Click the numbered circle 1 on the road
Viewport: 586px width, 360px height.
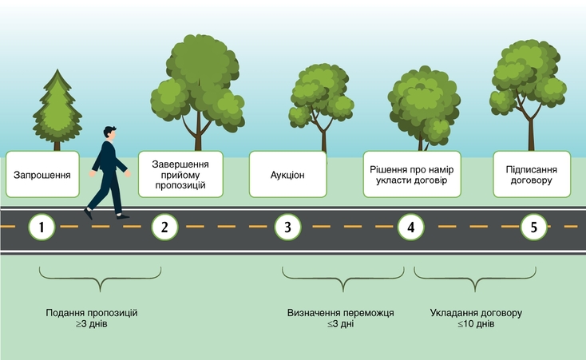[x=42, y=227]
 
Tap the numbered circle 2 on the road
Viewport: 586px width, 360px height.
[x=164, y=227]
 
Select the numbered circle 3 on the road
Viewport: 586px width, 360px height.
[x=287, y=227]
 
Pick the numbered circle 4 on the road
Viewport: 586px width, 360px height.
[x=410, y=227]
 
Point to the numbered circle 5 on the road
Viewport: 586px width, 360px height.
[x=533, y=227]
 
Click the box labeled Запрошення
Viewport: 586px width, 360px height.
[x=42, y=174]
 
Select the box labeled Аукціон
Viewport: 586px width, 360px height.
[x=287, y=174]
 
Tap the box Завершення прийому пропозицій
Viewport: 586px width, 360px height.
[x=179, y=174]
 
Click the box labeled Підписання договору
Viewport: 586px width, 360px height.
[x=532, y=174]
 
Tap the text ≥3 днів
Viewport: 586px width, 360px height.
[x=91, y=325]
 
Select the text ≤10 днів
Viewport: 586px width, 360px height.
[x=476, y=325]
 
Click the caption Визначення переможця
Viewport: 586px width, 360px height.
[x=340, y=313]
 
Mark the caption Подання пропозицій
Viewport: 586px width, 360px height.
[x=92, y=313]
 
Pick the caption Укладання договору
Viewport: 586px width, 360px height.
[x=476, y=313]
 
